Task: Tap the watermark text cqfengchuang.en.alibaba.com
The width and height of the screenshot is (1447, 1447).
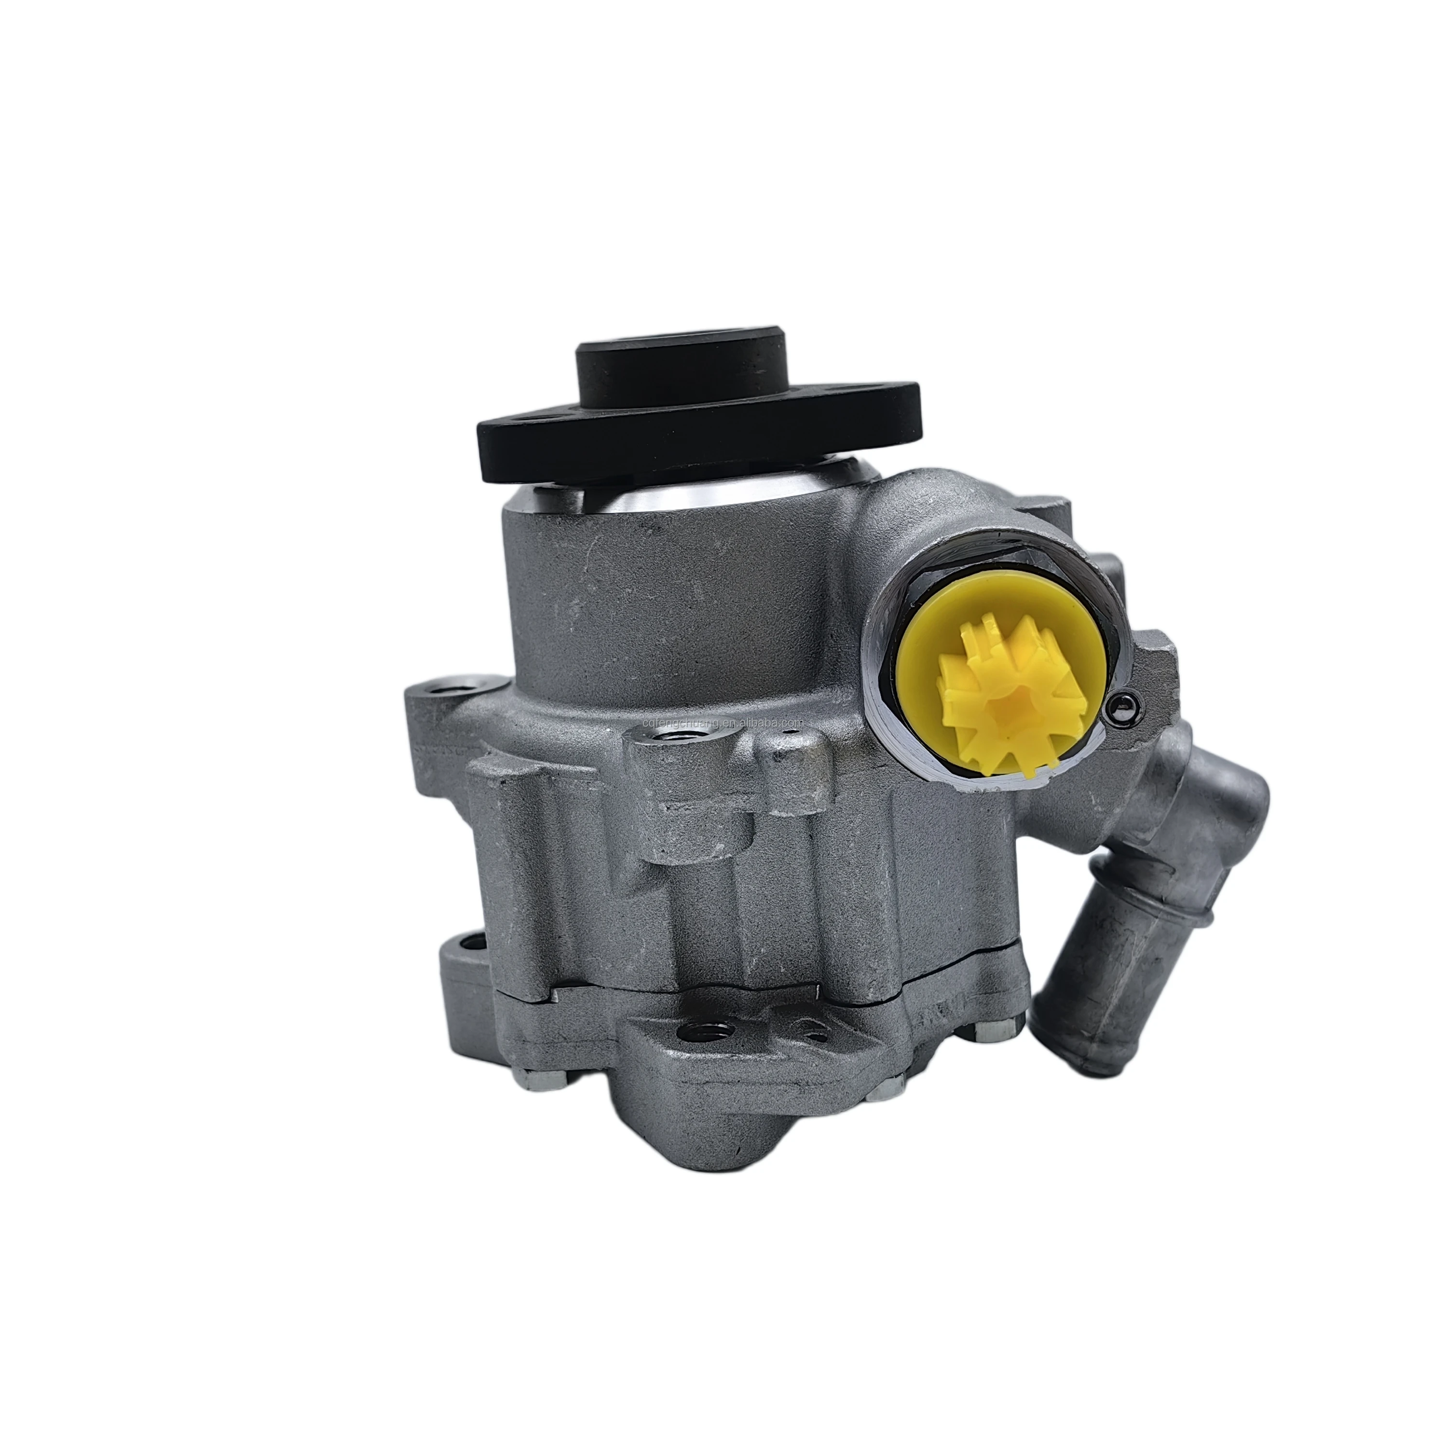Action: tap(723, 722)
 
